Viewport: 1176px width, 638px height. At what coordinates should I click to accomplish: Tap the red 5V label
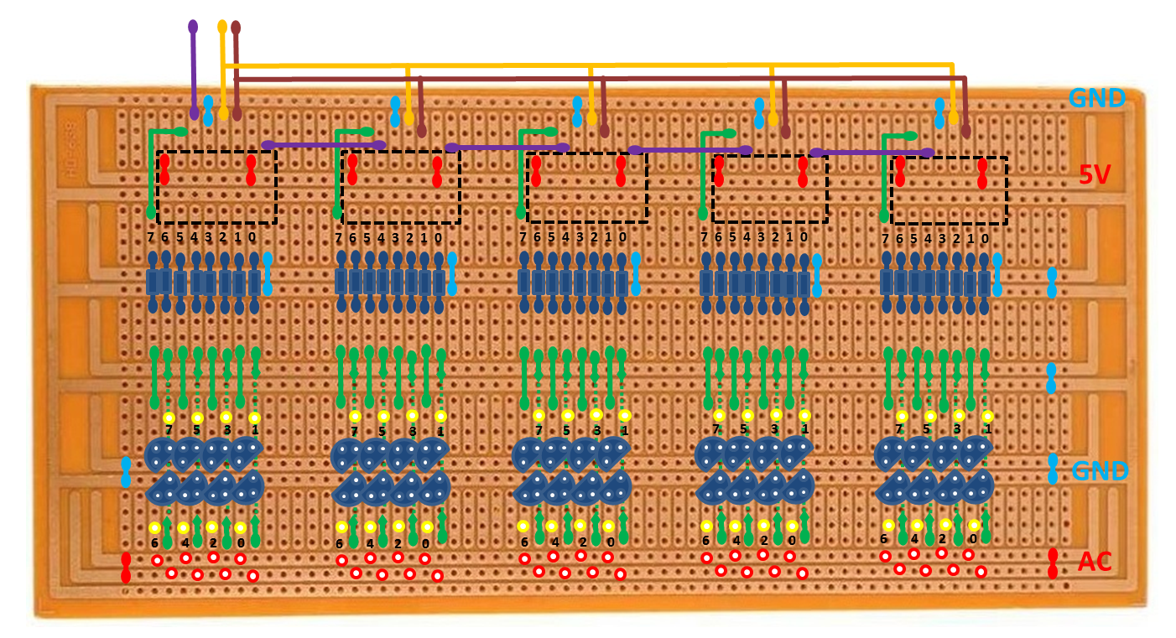[x=1095, y=174]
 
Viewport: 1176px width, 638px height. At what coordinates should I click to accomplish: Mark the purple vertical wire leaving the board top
[x=194, y=67]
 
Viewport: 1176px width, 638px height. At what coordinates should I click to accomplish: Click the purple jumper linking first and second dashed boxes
[x=323, y=145]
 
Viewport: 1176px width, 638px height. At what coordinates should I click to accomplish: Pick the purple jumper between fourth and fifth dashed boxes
[x=872, y=153]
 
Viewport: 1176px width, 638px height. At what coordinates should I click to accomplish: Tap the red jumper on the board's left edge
[x=126, y=568]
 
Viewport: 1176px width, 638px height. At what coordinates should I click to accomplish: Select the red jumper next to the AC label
[x=1053, y=563]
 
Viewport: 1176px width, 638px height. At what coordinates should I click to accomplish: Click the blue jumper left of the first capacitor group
[x=126, y=472]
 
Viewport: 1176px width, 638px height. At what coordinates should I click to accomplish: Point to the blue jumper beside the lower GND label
[x=1053, y=469]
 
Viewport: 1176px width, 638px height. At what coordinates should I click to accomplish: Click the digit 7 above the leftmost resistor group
[x=151, y=238]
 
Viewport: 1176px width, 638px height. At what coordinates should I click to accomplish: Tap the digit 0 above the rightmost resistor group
[x=985, y=239]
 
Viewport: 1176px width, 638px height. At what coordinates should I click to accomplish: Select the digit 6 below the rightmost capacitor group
[x=883, y=539]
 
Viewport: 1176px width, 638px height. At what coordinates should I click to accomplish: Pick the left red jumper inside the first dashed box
[x=165, y=169]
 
